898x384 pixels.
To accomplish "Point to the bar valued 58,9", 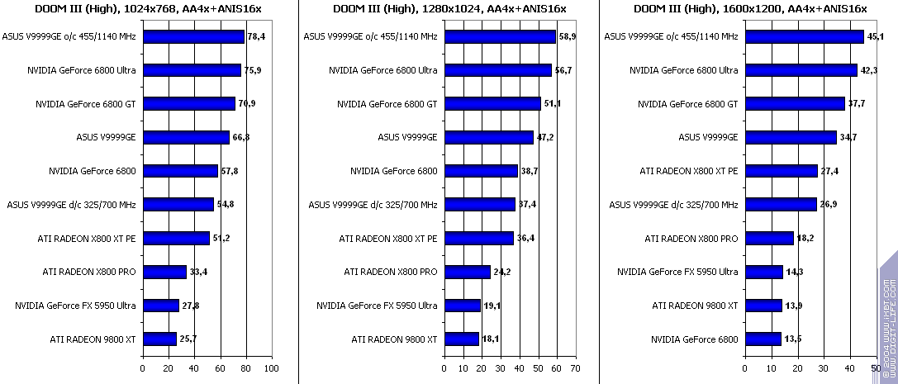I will (x=500, y=37).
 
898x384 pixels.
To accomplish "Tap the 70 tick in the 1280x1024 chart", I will (x=576, y=368).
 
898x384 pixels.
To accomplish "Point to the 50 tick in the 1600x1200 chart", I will (x=876, y=368).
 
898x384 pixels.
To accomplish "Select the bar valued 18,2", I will (x=769, y=239).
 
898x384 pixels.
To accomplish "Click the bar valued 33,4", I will (x=164, y=272).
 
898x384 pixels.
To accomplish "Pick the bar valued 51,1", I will (x=492, y=104).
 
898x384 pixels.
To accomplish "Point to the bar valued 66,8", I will (x=186, y=138).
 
